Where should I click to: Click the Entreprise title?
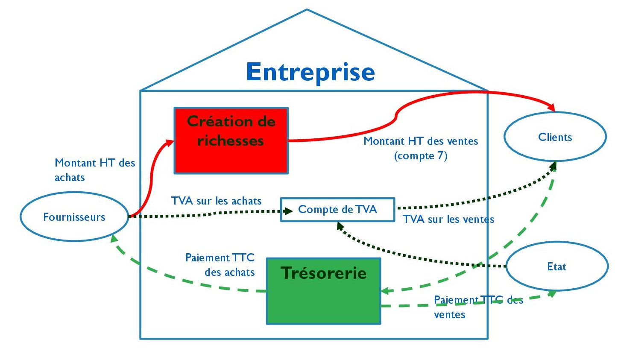[x=310, y=72]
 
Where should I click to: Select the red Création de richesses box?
[x=231, y=140]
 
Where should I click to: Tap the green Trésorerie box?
[x=323, y=291]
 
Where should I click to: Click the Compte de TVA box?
[x=337, y=209]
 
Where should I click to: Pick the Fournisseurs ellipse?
[x=74, y=217]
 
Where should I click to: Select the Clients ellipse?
[x=555, y=137]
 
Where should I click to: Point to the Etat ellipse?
[x=556, y=266]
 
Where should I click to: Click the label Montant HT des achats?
[x=94, y=170]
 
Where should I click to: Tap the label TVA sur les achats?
[x=216, y=201]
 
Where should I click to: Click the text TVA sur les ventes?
[x=448, y=220]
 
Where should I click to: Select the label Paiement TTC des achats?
[x=220, y=265]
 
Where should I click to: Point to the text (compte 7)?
[x=421, y=156]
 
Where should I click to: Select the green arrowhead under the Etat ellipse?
[x=552, y=294]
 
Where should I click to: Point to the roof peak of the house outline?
[x=307, y=10]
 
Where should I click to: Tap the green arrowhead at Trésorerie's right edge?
[x=384, y=291]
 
